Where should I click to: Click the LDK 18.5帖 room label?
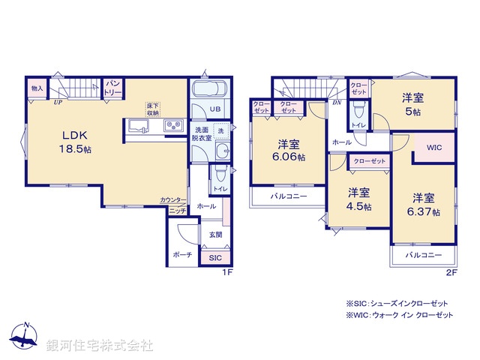[76, 142]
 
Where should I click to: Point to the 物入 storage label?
[37, 88]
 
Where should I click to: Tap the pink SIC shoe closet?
[214, 257]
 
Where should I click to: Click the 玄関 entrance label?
[215, 235]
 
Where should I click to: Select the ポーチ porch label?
[182, 255]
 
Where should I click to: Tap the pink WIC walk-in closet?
[435, 148]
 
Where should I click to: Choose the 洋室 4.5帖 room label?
[358, 199]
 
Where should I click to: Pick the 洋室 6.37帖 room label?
[424, 205]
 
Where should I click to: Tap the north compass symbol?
[25, 337]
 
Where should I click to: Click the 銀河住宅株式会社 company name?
[100, 346]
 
